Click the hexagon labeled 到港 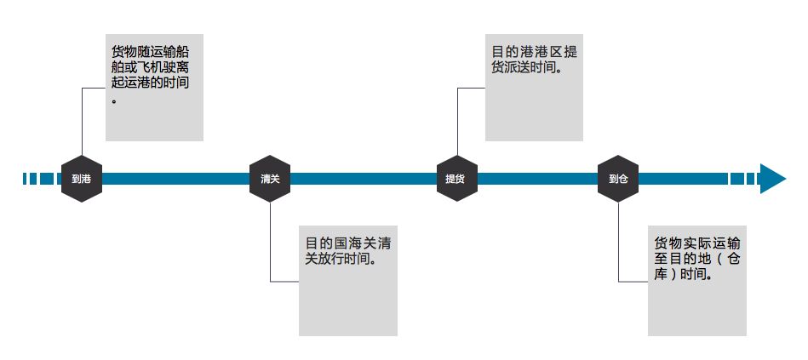coord(82,179)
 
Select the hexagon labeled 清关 coord(270,179)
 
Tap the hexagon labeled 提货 coord(456,179)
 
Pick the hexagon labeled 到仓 coord(618,179)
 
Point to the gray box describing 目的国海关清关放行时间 coord(347,279)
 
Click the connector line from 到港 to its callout coord(82,119)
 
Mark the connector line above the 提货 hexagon coord(457,119)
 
